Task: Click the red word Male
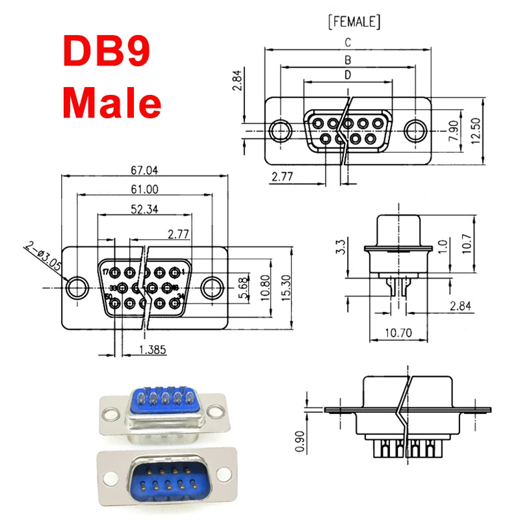(112, 102)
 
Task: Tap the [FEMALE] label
(350, 22)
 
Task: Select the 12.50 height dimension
(477, 131)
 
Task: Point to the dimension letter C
(348, 43)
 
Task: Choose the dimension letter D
(348, 75)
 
